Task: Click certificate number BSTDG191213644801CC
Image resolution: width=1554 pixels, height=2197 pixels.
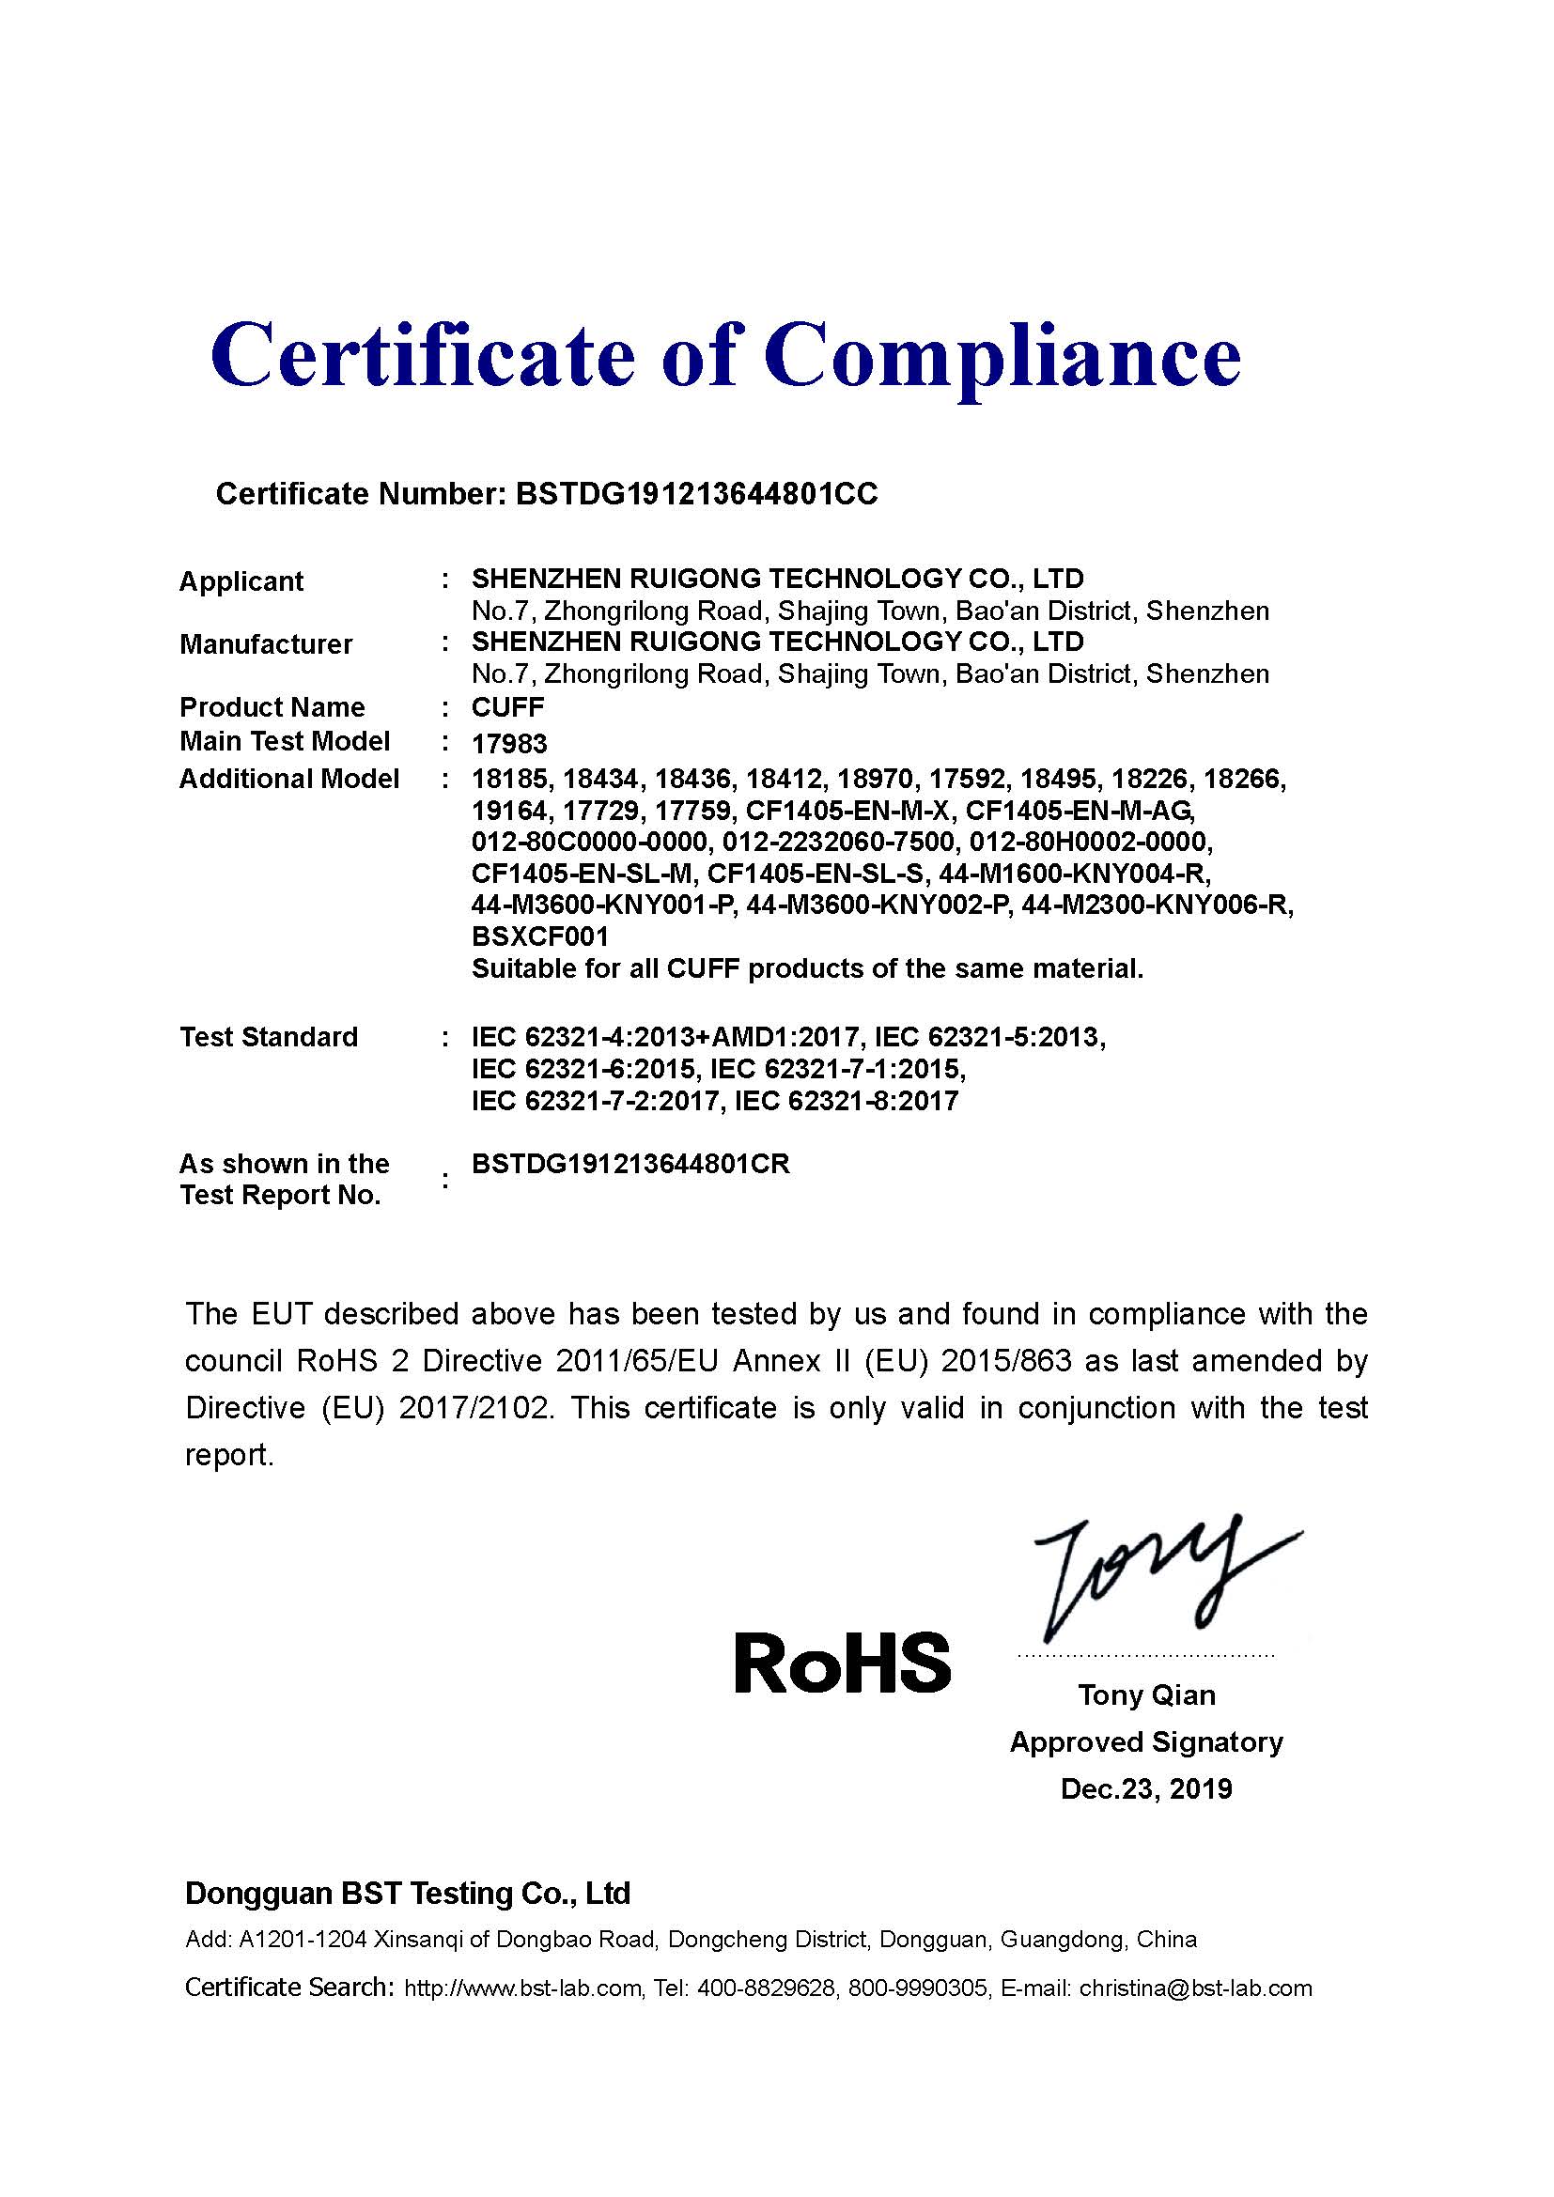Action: pyautogui.click(x=695, y=494)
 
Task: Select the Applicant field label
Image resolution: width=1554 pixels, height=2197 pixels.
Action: pyautogui.click(x=241, y=581)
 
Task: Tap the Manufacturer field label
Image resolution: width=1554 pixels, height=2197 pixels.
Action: pyautogui.click(x=266, y=645)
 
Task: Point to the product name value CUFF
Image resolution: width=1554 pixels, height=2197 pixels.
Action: pyautogui.click(x=508, y=708)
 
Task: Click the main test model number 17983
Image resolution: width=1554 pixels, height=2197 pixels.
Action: pyautogui.click(x=509, y=745)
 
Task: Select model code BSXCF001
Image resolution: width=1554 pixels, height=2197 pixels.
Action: pyautogui.click(x=539, y=936)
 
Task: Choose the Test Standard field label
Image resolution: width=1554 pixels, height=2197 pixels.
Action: pyautogui.click(x=269, y=1037)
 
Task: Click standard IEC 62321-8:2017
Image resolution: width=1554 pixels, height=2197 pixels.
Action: pyautogui.click(x=846, y=1102)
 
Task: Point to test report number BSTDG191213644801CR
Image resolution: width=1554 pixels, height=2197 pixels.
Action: pyautogui.click(x=630, y=1165)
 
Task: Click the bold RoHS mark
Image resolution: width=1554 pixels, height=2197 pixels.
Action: pyautogui.click(x=842, y=1663)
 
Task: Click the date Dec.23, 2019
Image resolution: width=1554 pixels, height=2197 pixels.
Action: pyautogui.click(x=1146, y=1789)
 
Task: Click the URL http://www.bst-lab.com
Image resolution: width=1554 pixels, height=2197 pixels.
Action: pyautogui.click(x=522, y=1988)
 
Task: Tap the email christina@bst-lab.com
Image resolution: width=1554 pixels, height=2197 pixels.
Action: pyautogui.click(x=1195, y=1988)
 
